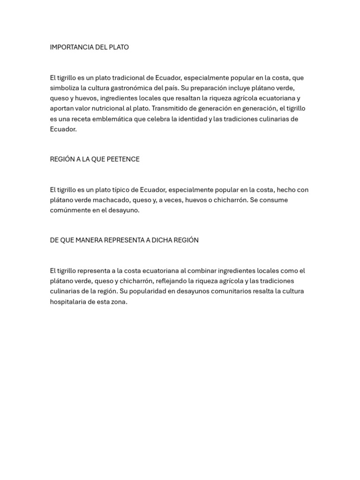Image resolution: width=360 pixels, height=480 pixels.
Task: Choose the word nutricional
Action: pos(108,109)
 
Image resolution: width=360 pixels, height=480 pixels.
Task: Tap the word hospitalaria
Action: pos(68,302)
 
